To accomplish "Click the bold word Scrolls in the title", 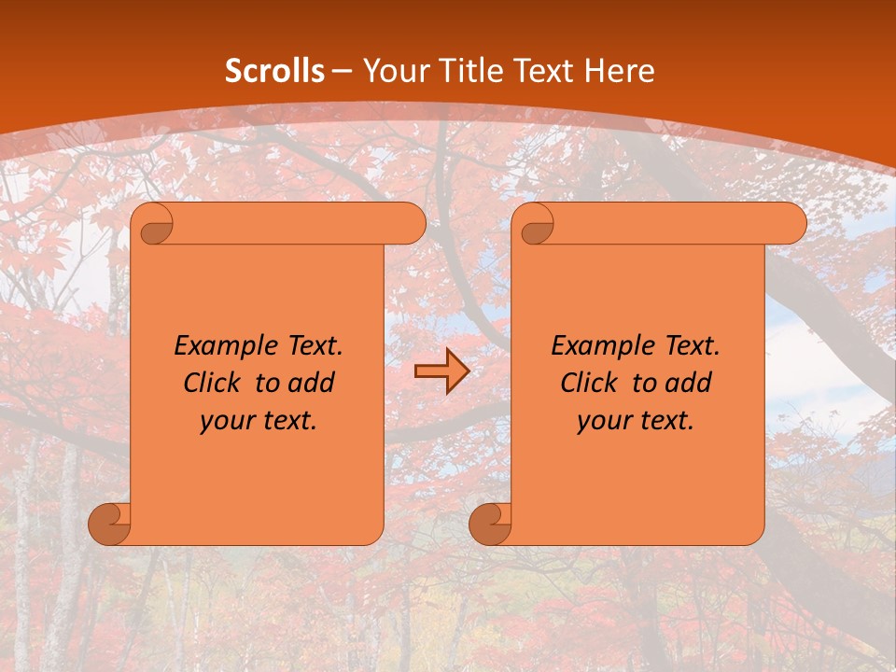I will click(x=274, y=71).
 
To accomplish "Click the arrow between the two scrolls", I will click(x=441, y=372).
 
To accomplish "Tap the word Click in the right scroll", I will click(x=589, y=383).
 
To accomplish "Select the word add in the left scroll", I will click(x=313, y=383).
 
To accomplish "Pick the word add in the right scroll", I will click(x=690, y=383).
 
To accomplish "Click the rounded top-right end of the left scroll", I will click(x=412, y=224).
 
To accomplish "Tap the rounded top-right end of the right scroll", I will click(x=792, y=224).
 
